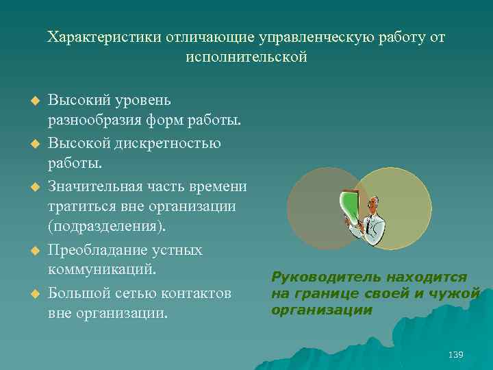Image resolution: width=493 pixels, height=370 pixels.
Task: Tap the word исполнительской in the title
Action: [246, 57]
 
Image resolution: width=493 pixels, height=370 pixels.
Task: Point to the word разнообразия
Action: [93, 121]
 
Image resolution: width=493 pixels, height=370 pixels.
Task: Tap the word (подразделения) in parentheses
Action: [108, 227]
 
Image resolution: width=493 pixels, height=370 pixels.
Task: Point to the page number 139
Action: [455, 354]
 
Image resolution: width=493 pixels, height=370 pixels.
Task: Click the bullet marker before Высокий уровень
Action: [29, 101]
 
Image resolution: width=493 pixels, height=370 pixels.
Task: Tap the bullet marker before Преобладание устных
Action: [29, 250]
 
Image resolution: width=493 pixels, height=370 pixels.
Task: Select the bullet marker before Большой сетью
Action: [29, 293]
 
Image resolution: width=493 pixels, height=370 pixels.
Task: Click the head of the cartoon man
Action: [373, 203]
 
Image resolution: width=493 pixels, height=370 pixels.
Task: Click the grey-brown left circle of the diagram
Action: [312, 208]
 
